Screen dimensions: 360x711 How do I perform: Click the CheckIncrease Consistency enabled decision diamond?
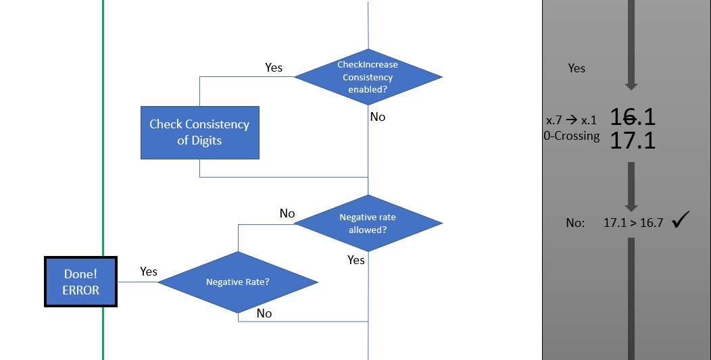click(368, 77)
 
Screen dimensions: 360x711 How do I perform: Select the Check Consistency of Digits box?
click(199, 132)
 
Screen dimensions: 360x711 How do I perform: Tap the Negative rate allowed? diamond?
click(368, 224)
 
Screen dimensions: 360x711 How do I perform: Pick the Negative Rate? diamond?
click(238, 282)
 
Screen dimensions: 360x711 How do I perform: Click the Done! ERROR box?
click(81, 282)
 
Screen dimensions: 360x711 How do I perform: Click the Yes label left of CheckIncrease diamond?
click(274, 68)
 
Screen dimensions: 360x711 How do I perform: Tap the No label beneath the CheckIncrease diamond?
click(378, 117)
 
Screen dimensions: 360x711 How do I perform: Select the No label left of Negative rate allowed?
click(287, 213)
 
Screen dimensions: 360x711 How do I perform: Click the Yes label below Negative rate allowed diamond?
click(356, 260)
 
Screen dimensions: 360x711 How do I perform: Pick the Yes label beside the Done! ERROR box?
click(149, 272)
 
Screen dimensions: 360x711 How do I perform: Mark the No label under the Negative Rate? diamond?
click(264, 313)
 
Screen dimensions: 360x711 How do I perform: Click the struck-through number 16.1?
click(633, 118)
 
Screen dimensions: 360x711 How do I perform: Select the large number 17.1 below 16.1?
click(633, 140)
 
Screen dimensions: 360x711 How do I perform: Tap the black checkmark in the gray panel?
click(681, 220)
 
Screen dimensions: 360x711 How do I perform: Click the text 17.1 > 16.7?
click(633, 222)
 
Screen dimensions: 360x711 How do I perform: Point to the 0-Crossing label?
click(571, 136)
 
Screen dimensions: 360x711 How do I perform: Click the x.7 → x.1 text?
click(571, 120)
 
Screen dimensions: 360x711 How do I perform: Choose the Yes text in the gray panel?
click(577, 68)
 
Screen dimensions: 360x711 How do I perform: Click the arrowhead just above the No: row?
click(631, 207)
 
